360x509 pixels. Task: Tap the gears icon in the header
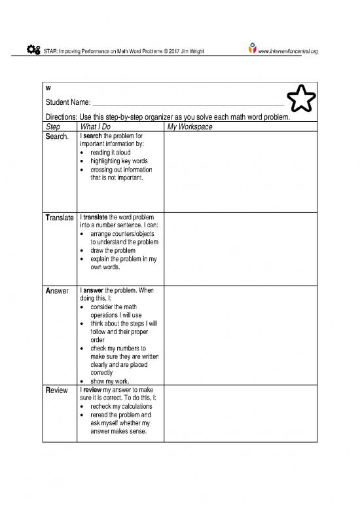32,50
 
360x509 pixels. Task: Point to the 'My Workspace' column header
190,126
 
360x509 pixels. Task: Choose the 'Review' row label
57,390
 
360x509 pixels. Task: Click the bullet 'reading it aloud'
110,152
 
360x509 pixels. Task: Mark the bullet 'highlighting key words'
118,160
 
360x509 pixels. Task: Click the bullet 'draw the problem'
113,250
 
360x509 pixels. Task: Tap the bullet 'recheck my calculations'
121,406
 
